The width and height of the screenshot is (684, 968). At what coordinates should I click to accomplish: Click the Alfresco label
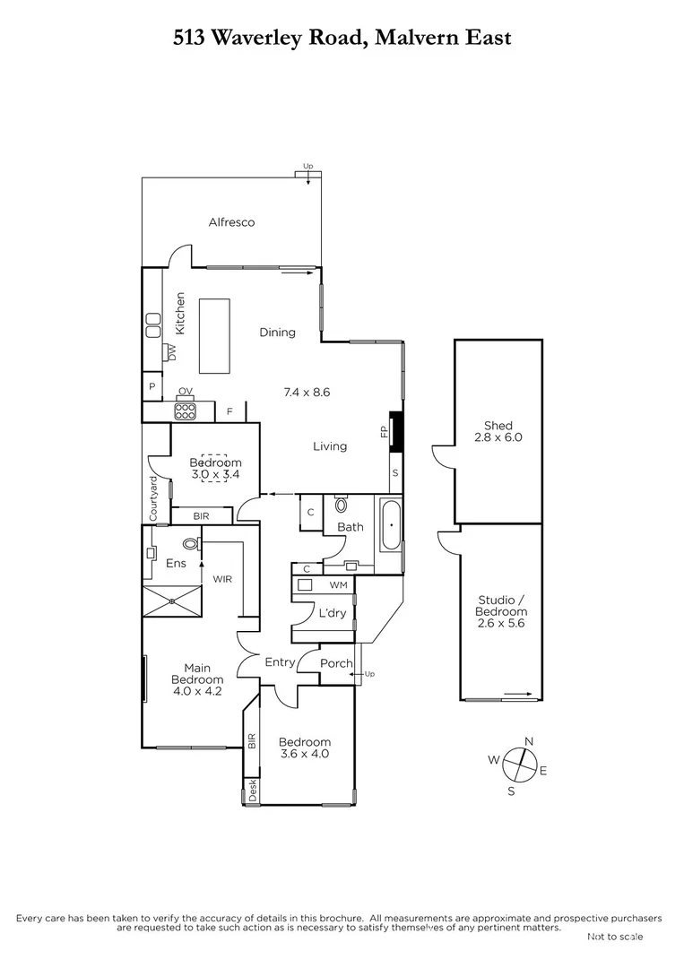pos(231,222)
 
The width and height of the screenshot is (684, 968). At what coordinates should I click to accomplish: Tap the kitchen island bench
pos(213,335)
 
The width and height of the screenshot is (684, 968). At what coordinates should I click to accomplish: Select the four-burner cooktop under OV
pos(186,411)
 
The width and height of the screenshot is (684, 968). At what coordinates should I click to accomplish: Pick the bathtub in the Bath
pos(392,526)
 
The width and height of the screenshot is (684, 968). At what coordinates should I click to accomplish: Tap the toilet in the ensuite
pos(190,543)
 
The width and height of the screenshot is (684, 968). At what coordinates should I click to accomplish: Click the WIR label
pos(222,579)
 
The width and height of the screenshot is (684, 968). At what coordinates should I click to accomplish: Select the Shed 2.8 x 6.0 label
pos(498,432)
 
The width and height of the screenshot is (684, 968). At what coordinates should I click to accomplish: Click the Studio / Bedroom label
pos(501,611)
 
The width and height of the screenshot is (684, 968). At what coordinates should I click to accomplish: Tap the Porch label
pos(336,664)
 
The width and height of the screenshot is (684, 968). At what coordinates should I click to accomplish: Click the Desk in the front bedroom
pos(252,791)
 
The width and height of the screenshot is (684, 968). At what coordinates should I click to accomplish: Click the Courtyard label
pos(153,498)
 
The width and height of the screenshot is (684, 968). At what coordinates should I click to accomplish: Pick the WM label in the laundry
pos(338,584)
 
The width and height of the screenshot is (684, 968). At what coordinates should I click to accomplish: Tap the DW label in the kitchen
pos(170,353)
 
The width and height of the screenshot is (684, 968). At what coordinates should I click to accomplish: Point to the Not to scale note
pos(614,937)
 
